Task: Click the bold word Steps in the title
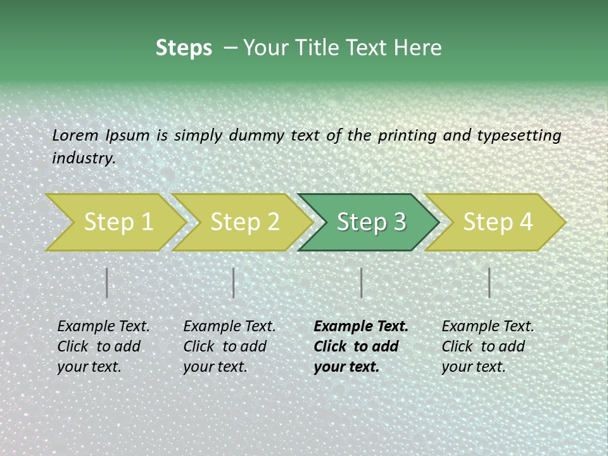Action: (x=184, y=48)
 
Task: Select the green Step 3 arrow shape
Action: (x=370, y=222)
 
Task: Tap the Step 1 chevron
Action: (x=118, y=222)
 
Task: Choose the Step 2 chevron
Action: (x=244, y=222)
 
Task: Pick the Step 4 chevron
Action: (x=497, y=222)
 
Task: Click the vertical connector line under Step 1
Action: (x=107, y=282)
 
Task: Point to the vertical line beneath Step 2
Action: (x=234, y=282)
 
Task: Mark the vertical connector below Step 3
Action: (x=361, y=282)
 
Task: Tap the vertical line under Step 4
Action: (x=489, y=282)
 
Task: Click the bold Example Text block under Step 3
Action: (x=361, y=346)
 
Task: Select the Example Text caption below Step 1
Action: (x=103, y=346)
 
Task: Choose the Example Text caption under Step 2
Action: (x=229, y=346)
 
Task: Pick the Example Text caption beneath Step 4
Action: (x=488, y=346)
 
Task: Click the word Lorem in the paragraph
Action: (x=75, y=136)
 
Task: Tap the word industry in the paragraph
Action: (x=83, y=158)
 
